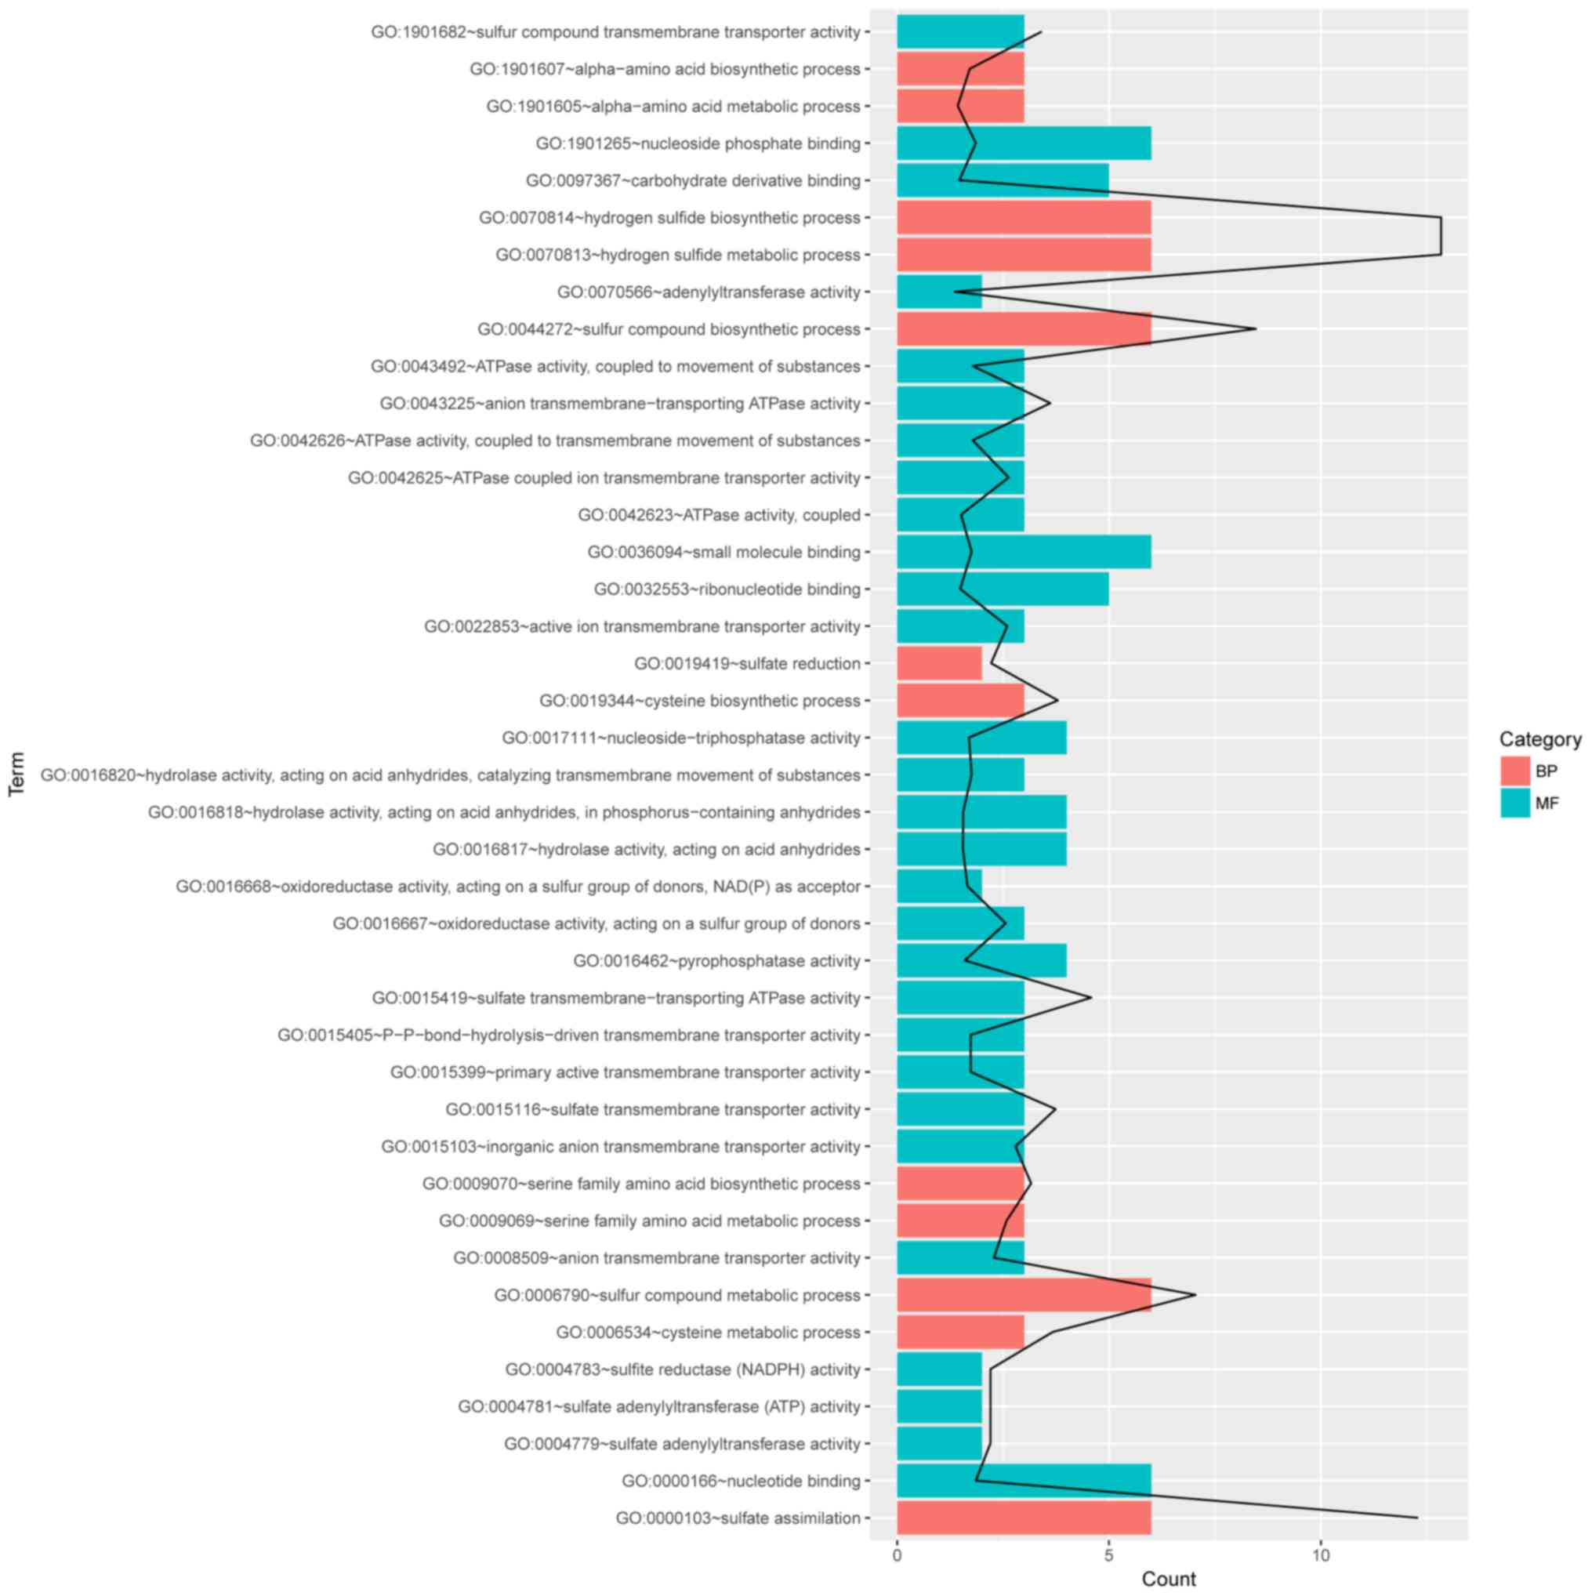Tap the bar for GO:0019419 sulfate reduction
pos(938,663)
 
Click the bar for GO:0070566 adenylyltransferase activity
pos(938,292)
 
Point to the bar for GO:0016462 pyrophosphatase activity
pos(981,961)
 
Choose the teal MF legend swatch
pos(1515,803)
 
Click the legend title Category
pos(1540,738)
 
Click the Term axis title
pos(16,773)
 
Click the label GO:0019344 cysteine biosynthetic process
pos(700,701)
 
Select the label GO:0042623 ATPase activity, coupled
pos(719,515)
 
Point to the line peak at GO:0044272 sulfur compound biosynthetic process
pos(1256,328)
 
